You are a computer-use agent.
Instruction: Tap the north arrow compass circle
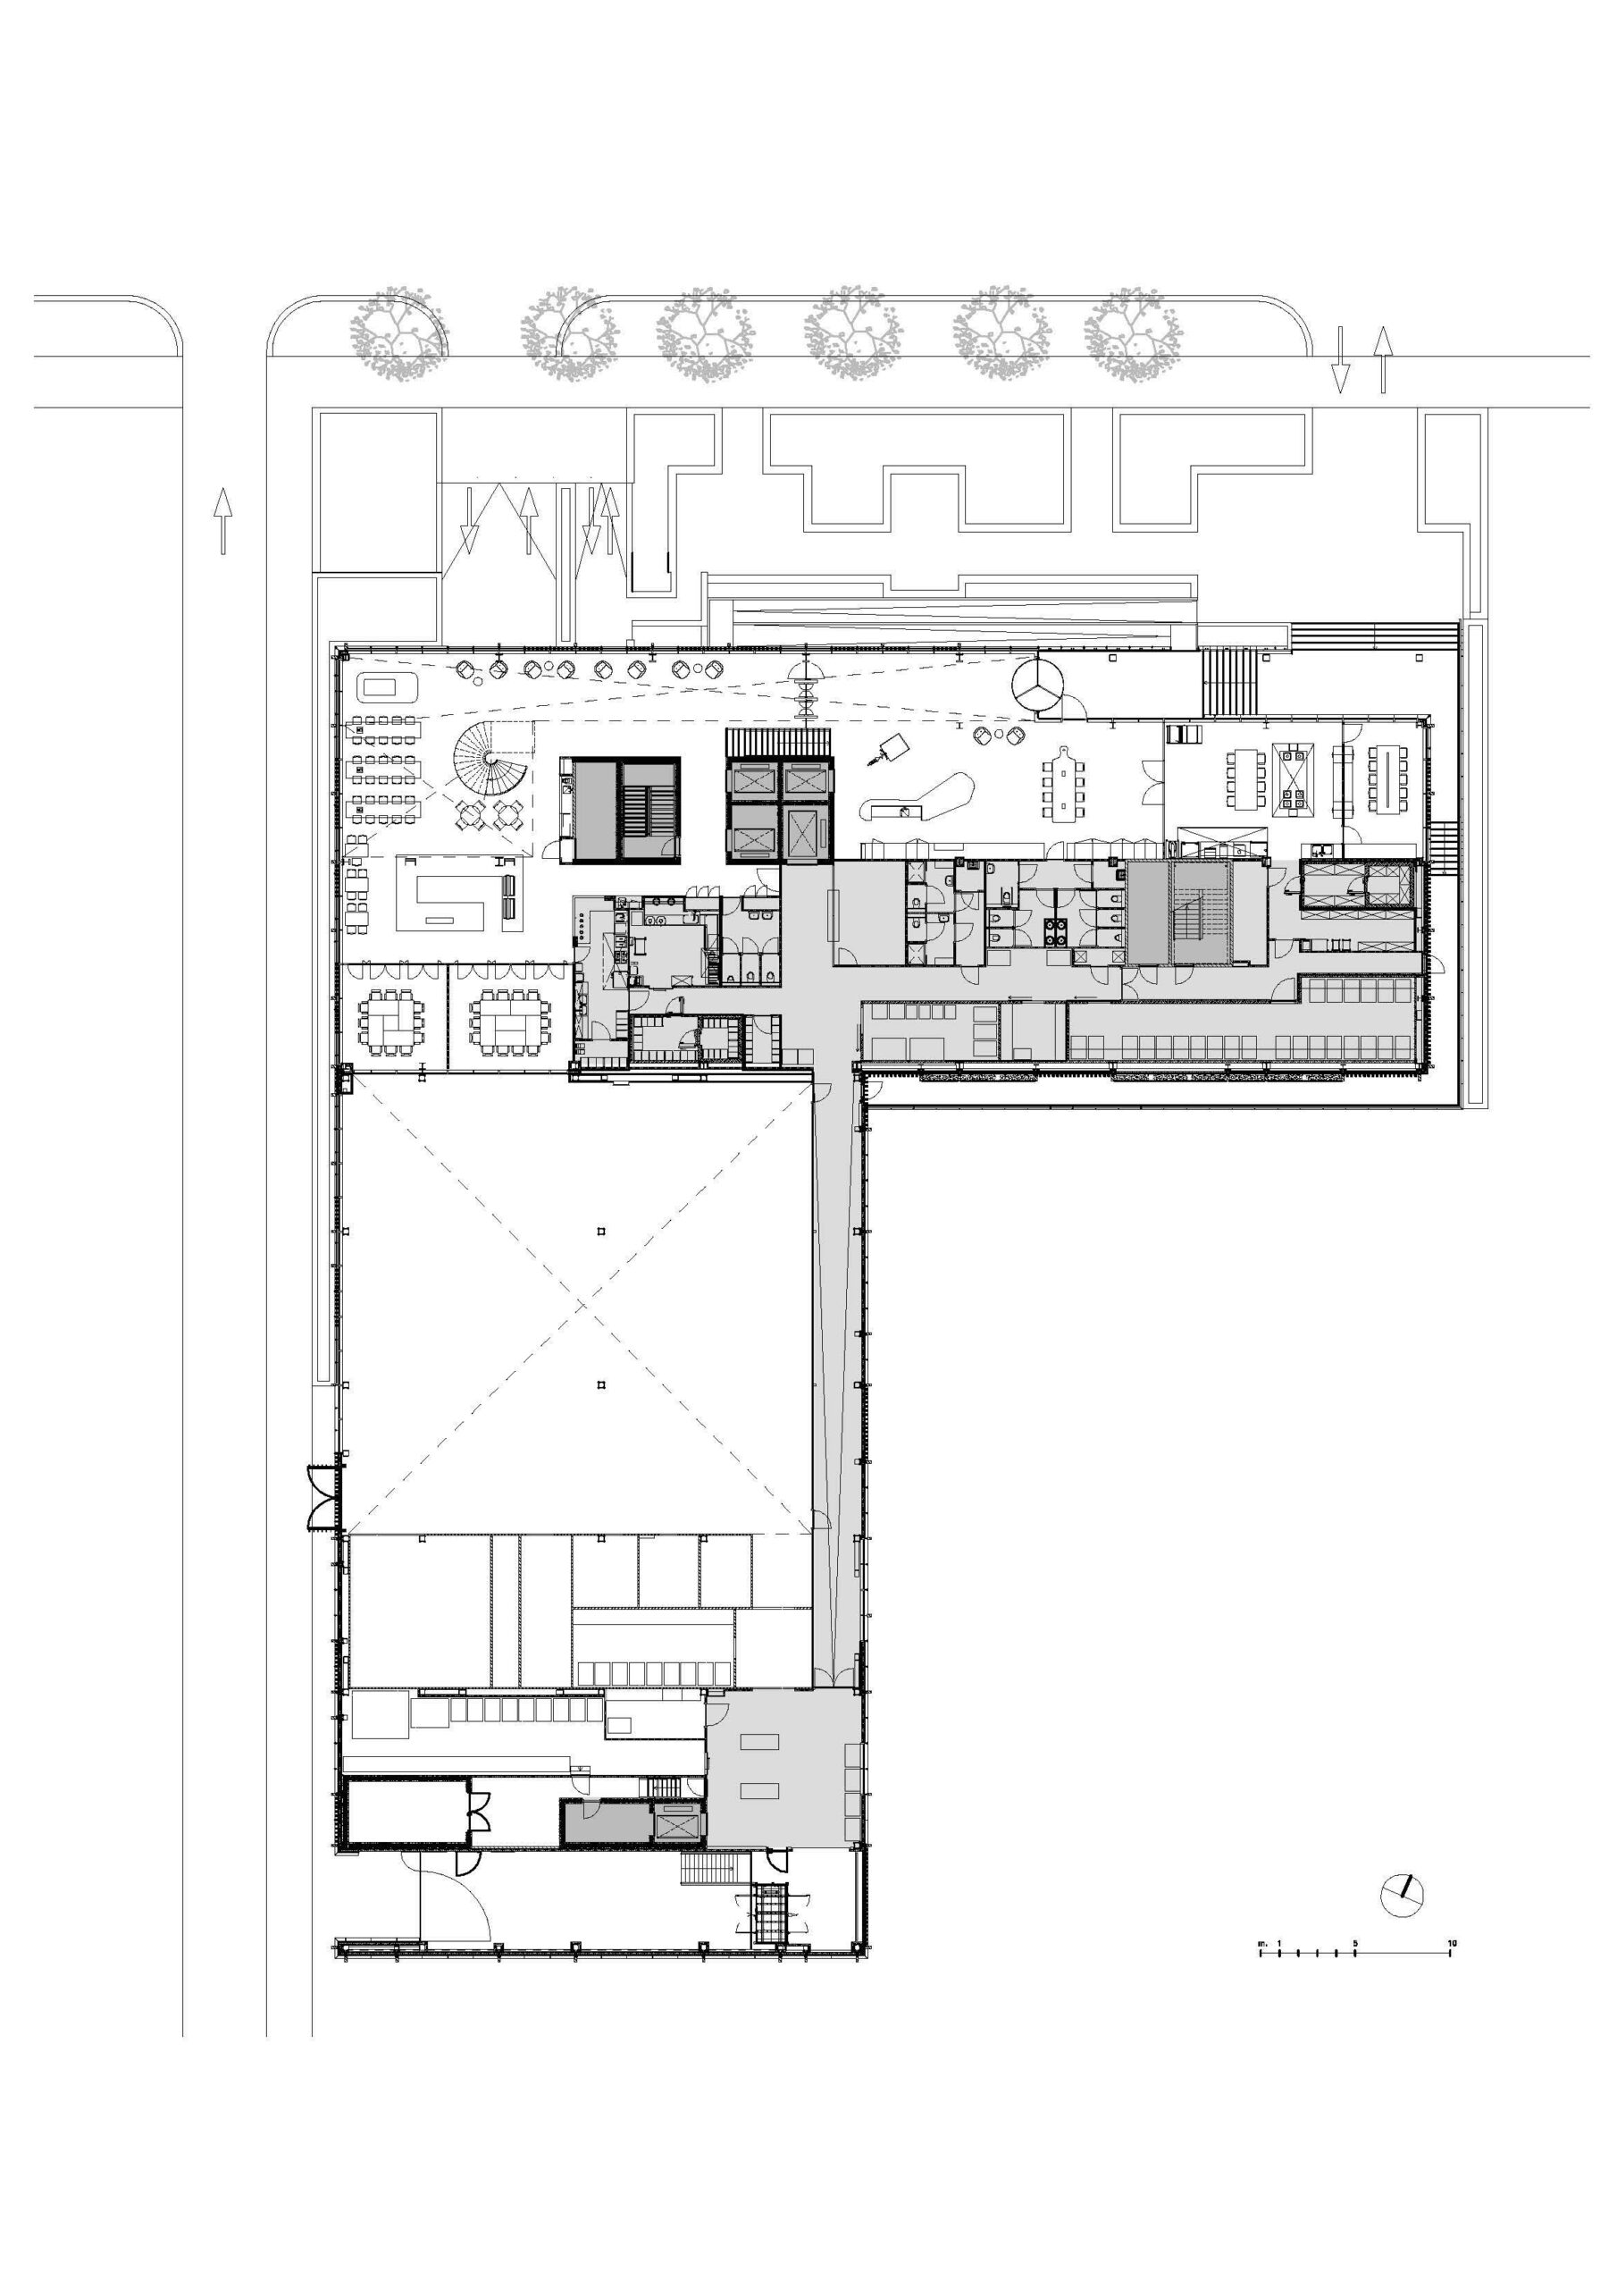click(1402, 1896)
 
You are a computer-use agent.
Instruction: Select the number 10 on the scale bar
click(1452, 1942)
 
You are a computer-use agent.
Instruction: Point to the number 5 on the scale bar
click(1355, 1942)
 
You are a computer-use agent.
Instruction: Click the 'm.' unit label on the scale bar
click(1261, 1942)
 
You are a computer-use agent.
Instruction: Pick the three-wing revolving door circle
click(1036, 686)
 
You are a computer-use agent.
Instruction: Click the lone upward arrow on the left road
click(222, 519)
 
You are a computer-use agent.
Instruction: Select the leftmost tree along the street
click(398, 334)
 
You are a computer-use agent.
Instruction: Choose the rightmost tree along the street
click(1133, 334)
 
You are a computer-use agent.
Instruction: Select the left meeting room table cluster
click(390, 1021)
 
